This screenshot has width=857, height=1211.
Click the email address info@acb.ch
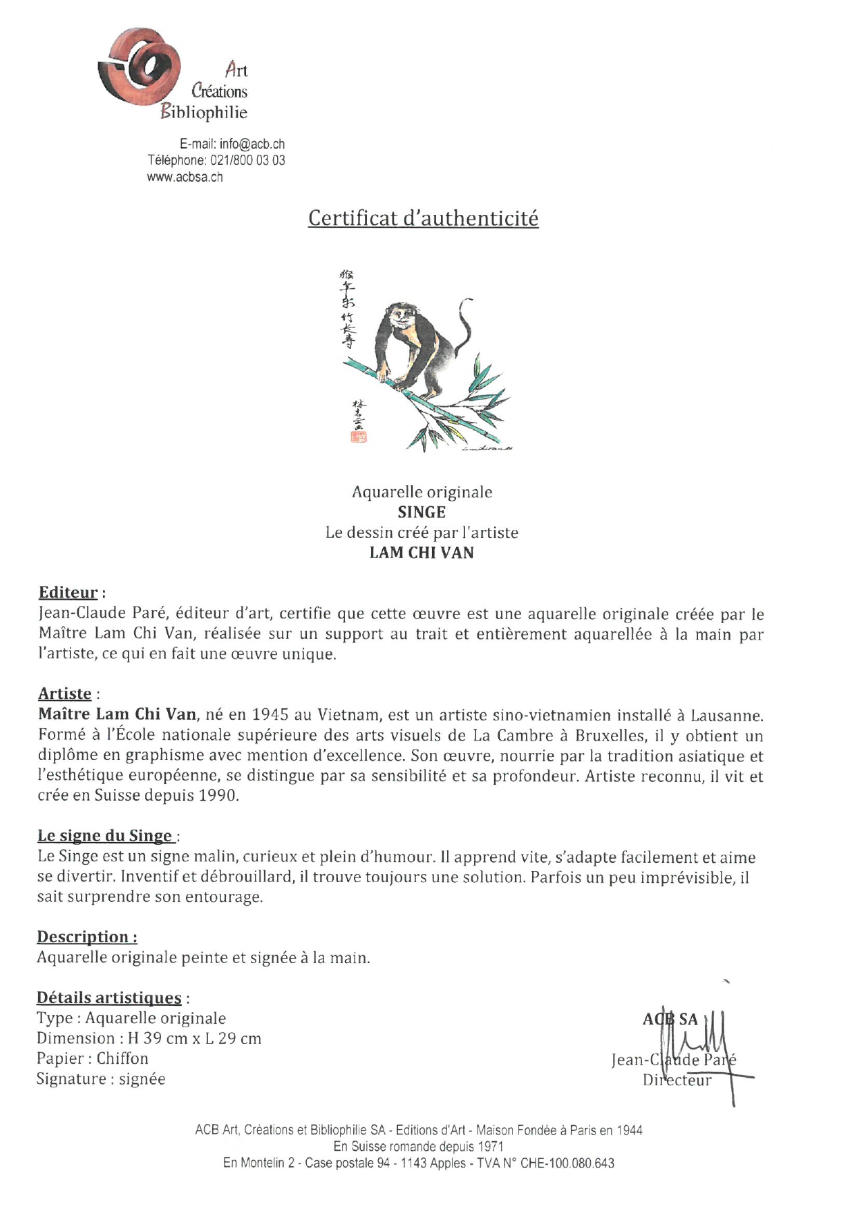click(252, 144)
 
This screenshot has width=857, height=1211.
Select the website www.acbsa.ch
click(185, 177)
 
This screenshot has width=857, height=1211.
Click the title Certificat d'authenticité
click(423, 218)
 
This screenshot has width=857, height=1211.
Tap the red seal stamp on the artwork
click(359, 436)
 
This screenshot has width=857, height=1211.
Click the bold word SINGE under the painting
click(422, 512)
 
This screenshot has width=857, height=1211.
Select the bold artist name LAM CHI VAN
click(422, 553)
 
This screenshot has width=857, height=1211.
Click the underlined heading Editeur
click(68, 593)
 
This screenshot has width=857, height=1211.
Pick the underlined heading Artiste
click(65, 694)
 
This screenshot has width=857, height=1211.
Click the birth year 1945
click(272, 714)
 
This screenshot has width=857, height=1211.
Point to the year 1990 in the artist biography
click(217, 795)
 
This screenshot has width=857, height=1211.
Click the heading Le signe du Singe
click(104, 836)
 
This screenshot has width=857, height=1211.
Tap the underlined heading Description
click(83, 937)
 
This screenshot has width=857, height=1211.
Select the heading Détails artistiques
click(109, 998)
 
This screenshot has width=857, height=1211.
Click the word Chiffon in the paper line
click(122, 1058)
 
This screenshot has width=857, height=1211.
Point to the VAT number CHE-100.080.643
click(567, 1163)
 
